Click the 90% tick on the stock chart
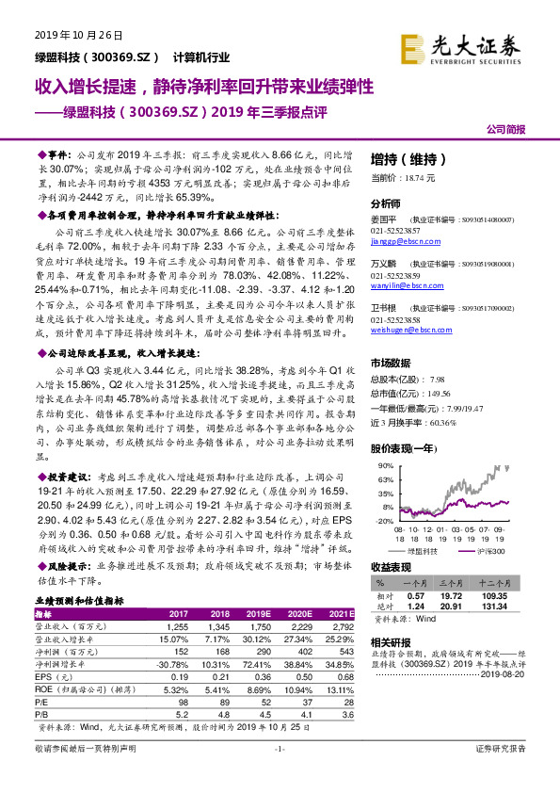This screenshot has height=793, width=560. pos(385,465)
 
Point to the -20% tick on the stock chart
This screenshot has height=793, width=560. pos(384,520)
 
